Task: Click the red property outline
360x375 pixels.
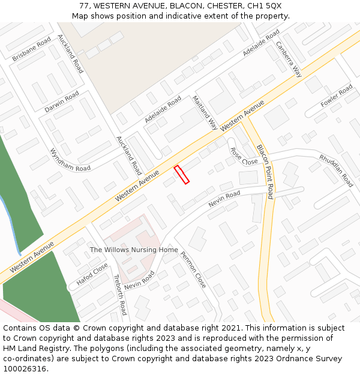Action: pos(181,175)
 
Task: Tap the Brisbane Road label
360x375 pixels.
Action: pos(32,49)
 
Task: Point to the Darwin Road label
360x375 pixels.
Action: pos(61,102)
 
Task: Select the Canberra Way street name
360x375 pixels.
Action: pos(289,59)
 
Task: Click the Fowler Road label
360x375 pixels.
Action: pos(337,96)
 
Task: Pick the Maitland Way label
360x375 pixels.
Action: pos(205,113)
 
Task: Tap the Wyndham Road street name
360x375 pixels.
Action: pos(70,160)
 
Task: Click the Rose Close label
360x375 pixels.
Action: pos(244,157)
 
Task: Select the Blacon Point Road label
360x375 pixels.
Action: pos(265,172)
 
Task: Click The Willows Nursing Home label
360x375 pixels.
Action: pos(134,250)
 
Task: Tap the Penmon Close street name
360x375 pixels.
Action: pos(193,269)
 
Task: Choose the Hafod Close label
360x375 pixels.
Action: pos(92,274)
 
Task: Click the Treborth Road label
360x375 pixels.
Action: pos(120,295)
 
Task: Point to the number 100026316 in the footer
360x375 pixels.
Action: pos(26,368)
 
